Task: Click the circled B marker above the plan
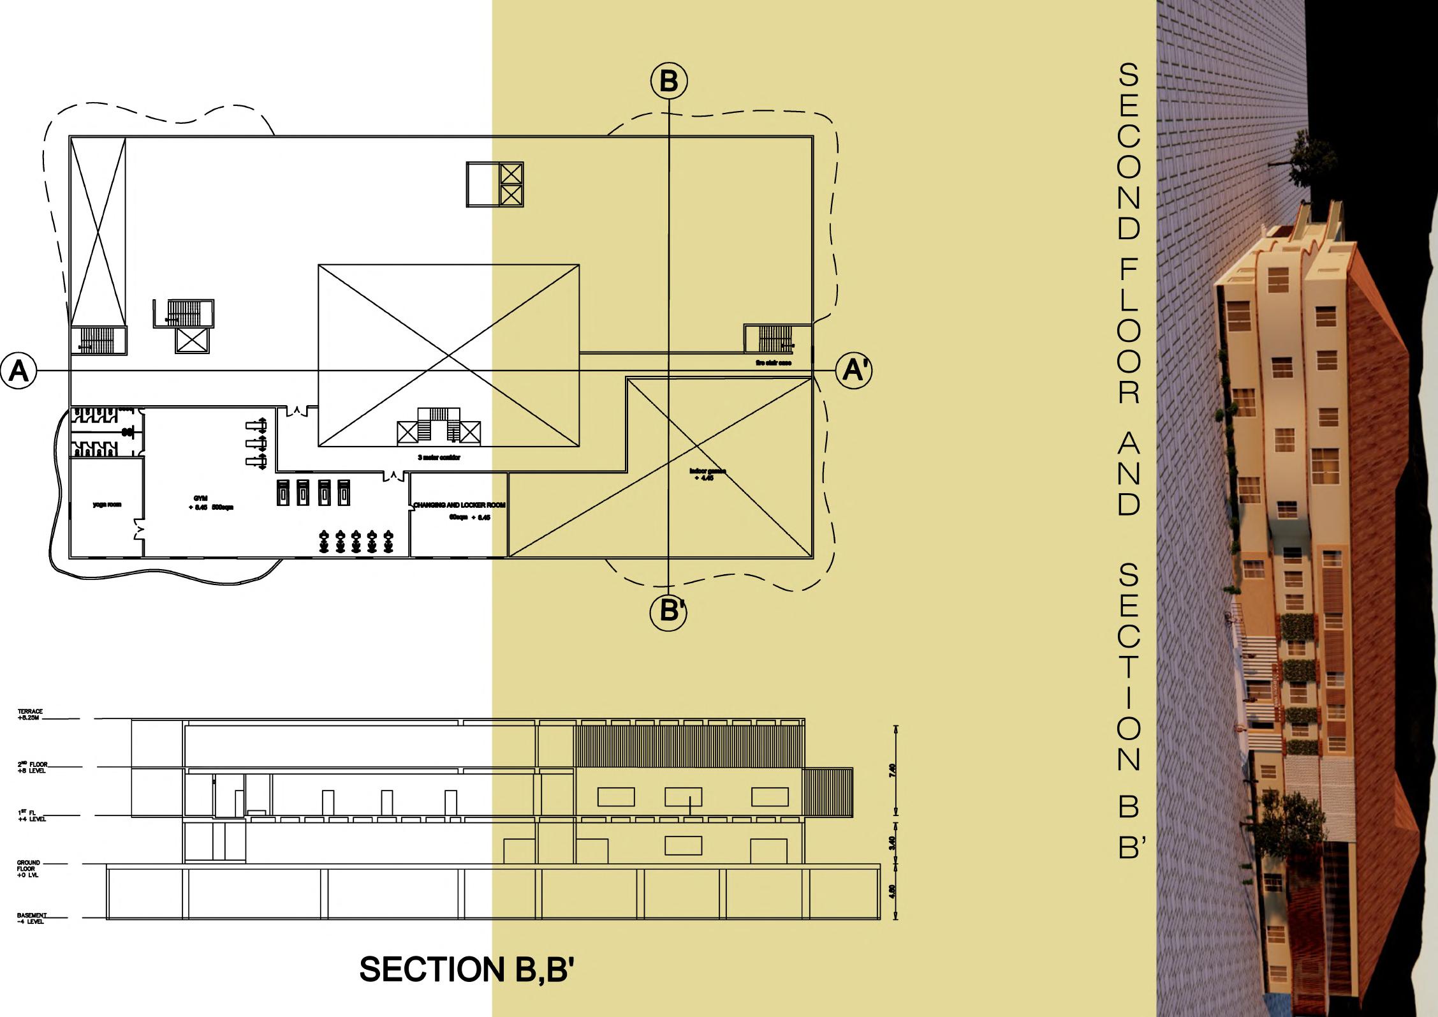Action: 668,81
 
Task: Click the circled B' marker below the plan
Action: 668,611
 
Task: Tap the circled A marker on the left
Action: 19,371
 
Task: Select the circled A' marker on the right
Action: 854,370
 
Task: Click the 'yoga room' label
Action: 106,505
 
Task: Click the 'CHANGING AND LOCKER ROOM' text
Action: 459,505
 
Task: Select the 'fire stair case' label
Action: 774,363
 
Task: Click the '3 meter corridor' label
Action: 439,457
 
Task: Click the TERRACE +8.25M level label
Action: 29,715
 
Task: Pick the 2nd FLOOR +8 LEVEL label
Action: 33,767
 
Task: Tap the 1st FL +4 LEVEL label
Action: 31,815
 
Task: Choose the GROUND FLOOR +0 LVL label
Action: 29,868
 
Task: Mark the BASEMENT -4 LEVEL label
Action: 32,919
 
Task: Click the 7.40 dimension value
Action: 891,771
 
